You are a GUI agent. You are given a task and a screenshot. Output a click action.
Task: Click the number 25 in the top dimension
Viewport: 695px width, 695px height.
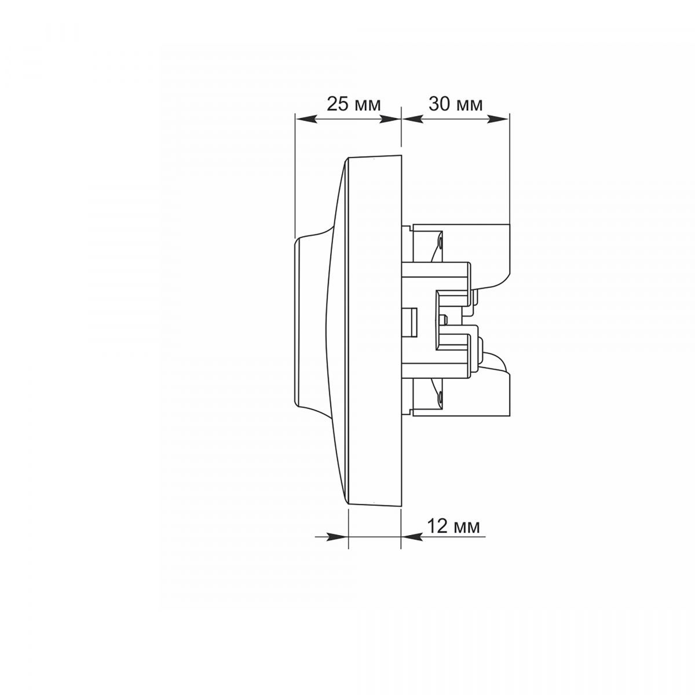(x=338, y=104)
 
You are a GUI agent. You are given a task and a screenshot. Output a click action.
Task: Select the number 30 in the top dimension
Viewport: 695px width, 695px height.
(x=440, y=104)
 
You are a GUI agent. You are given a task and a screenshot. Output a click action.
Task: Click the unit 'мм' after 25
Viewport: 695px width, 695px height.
(x=368, y=106)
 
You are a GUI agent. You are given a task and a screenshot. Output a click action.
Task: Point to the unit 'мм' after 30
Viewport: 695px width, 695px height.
(x=470, y=106)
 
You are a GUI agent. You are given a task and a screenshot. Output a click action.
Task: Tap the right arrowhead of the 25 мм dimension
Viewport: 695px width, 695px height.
(x=390, y=120)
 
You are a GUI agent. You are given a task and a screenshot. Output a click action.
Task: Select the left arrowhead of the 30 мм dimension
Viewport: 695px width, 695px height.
(x=412, y=120)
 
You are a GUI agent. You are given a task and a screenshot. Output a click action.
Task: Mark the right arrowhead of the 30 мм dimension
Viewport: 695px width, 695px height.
(x=498, y=120)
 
